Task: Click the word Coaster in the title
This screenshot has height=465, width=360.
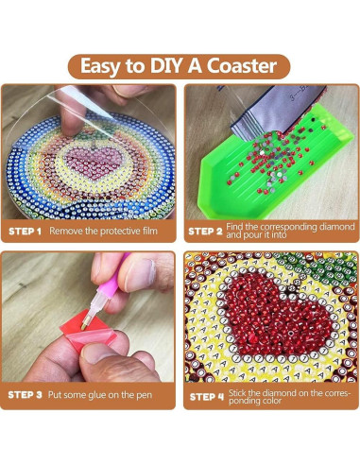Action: [242, 66]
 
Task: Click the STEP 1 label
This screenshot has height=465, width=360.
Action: [26, 232]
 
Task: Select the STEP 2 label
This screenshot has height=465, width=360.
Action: [205, 232]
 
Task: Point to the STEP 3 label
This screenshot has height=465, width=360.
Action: [25, 395]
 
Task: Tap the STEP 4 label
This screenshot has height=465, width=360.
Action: [207, 397]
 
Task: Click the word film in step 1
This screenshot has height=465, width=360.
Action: [149, 231]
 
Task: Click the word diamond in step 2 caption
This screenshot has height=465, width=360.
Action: [337, 227]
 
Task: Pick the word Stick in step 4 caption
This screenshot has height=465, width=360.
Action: [237, 393]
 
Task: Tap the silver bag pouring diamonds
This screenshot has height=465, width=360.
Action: [276, 111]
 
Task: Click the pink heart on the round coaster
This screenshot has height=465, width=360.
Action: [94, 162]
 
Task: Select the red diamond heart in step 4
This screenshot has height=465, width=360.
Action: [276, 315]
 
